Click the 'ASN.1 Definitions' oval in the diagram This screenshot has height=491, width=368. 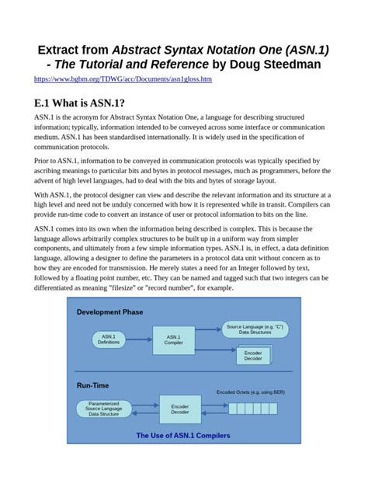pos(108,339)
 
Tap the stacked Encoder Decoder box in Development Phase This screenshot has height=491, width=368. pos(253,355)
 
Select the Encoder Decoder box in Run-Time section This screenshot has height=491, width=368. pos(179,408)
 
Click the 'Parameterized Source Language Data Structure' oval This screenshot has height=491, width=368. pos(104,408)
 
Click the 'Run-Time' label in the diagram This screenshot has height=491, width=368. pos(93,385)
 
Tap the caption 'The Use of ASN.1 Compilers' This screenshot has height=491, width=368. pos(183,436)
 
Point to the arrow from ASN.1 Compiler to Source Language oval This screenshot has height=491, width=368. pos(207,333)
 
